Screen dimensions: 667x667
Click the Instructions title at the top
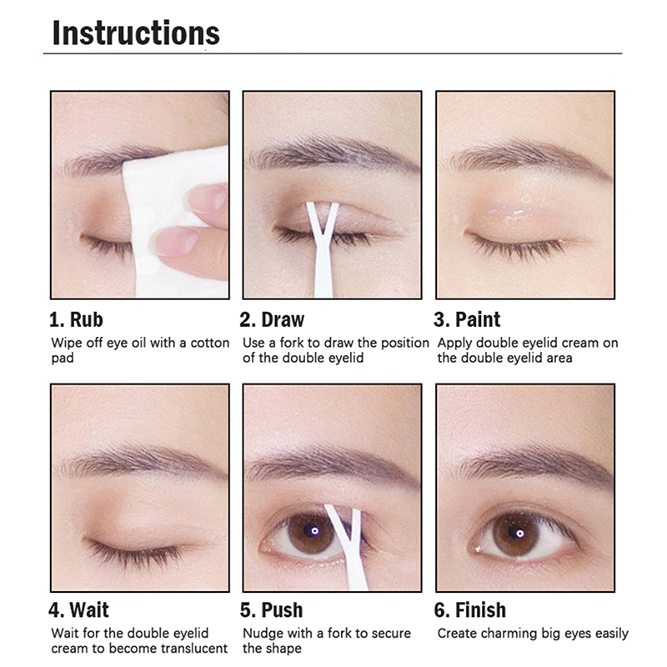coord(136,33)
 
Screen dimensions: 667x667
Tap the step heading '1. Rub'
coord(77,319)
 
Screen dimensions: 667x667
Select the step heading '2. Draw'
coord(273,319)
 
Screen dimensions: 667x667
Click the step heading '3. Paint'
coord(467,319)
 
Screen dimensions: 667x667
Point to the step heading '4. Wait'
coord(78,610)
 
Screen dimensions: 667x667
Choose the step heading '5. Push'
coord(272,610)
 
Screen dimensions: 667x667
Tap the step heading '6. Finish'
coord(470,610)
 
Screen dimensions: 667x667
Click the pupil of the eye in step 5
coord(314,531)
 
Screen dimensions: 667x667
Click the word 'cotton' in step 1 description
coord(210,343)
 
